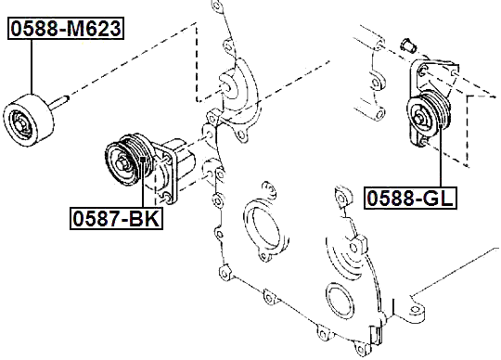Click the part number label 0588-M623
click(65, 29)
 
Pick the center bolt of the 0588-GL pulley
click(420, 117)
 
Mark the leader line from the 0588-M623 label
click(31, 65)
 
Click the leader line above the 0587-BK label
click(141, 195)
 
